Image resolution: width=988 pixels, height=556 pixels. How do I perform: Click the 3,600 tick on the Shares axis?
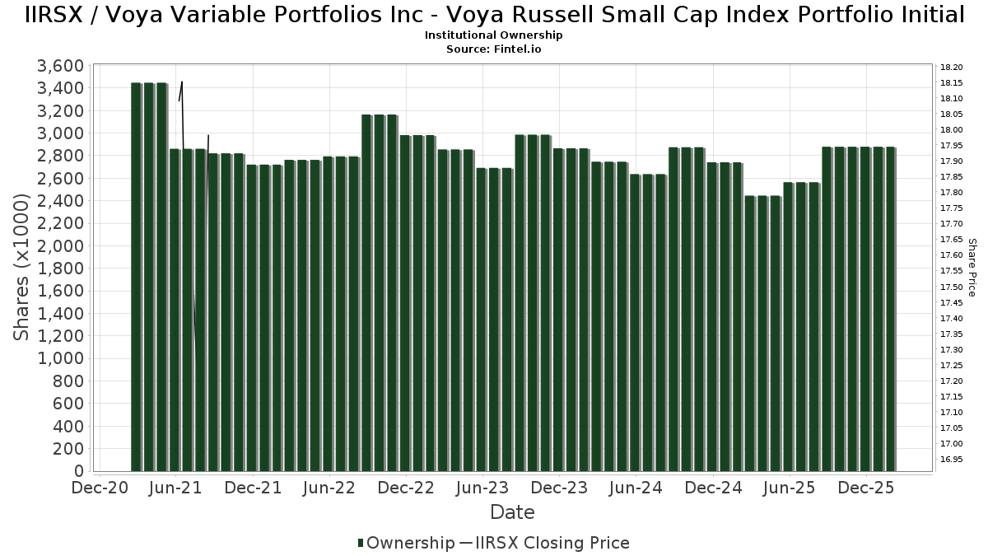[62, 66]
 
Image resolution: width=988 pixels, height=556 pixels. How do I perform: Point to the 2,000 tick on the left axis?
[62, 246]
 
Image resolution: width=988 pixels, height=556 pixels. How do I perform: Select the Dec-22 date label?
[406, 488]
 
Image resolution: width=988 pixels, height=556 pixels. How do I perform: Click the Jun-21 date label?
[175, 488]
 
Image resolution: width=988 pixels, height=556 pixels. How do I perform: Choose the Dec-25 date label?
[866, 488]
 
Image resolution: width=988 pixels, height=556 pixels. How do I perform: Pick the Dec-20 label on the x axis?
[99, 488]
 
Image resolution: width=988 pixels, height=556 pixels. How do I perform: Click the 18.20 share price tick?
[951, 67]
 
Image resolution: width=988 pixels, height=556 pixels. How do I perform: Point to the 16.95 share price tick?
[951, 459]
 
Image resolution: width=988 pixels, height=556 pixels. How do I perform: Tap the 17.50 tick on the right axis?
[951, 287]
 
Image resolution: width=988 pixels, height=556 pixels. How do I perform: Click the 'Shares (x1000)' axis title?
[22, 268]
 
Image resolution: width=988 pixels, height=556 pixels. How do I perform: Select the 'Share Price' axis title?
[972, 268]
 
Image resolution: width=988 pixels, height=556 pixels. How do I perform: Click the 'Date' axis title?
[512, 512]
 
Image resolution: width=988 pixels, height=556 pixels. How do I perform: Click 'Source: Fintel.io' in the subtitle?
[494, 49]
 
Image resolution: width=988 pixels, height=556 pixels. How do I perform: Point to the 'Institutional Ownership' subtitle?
[494, 35]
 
